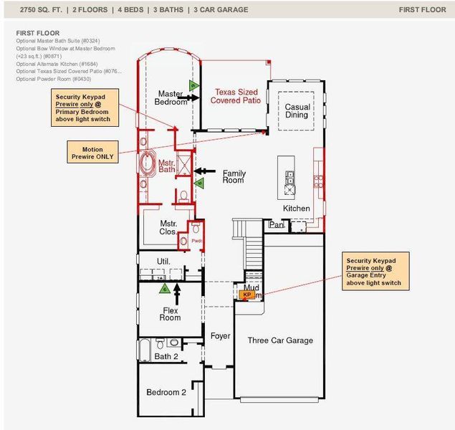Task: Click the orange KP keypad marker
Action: (x=246, y=295)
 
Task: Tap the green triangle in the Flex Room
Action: (x=164, y=289)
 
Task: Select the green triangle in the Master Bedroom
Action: (x=193, y=86)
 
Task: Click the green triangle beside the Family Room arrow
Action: (x=198, y=183)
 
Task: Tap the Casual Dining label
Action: (x=297, y=110)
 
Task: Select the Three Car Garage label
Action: (x=280, y=340)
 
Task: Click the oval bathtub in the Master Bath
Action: (x=150, y=163)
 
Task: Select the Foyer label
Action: (x=219, y=336)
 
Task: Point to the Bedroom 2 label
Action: (x=166, y=392)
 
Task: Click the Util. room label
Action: (x=163, y=261)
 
